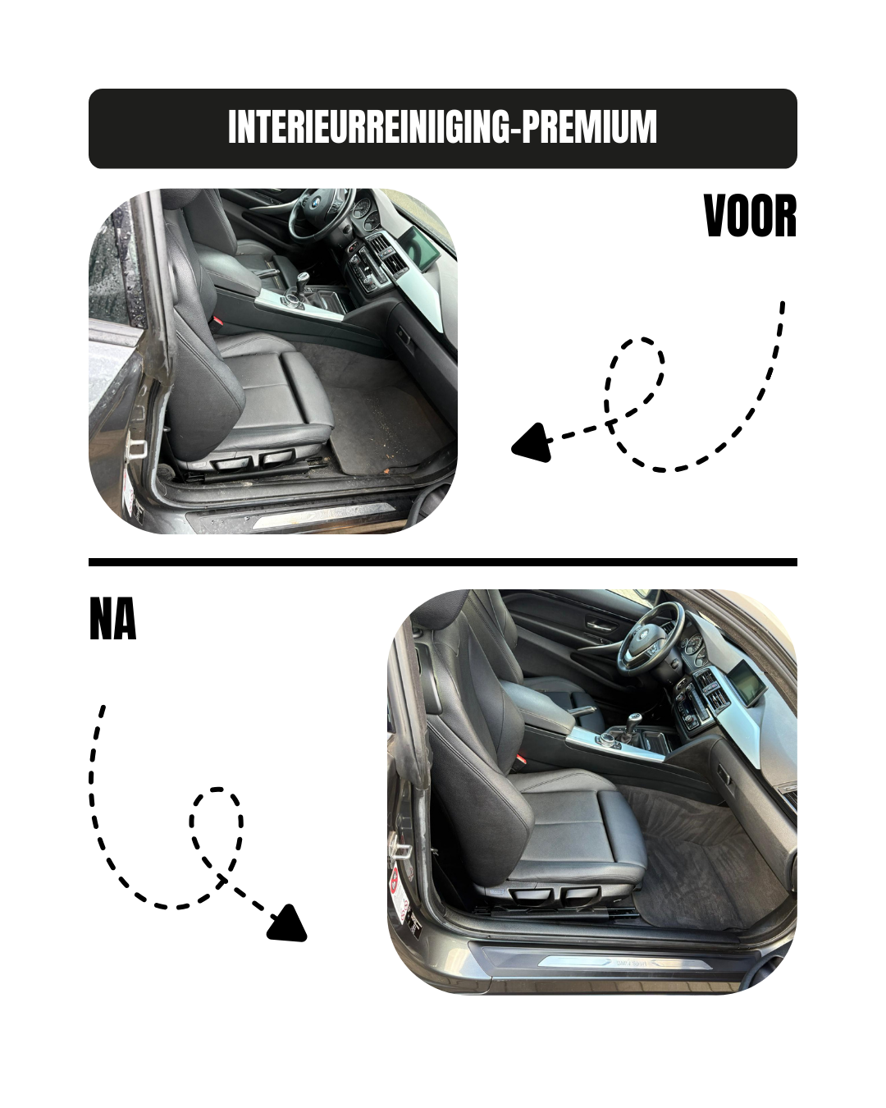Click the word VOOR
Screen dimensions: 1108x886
coord(750,217)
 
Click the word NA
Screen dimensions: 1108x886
coord(112,620)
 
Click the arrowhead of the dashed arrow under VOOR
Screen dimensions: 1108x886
coord(530,443)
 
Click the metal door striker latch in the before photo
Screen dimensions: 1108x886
coord(137,448)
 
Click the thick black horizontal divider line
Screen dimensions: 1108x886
coord(443,562)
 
